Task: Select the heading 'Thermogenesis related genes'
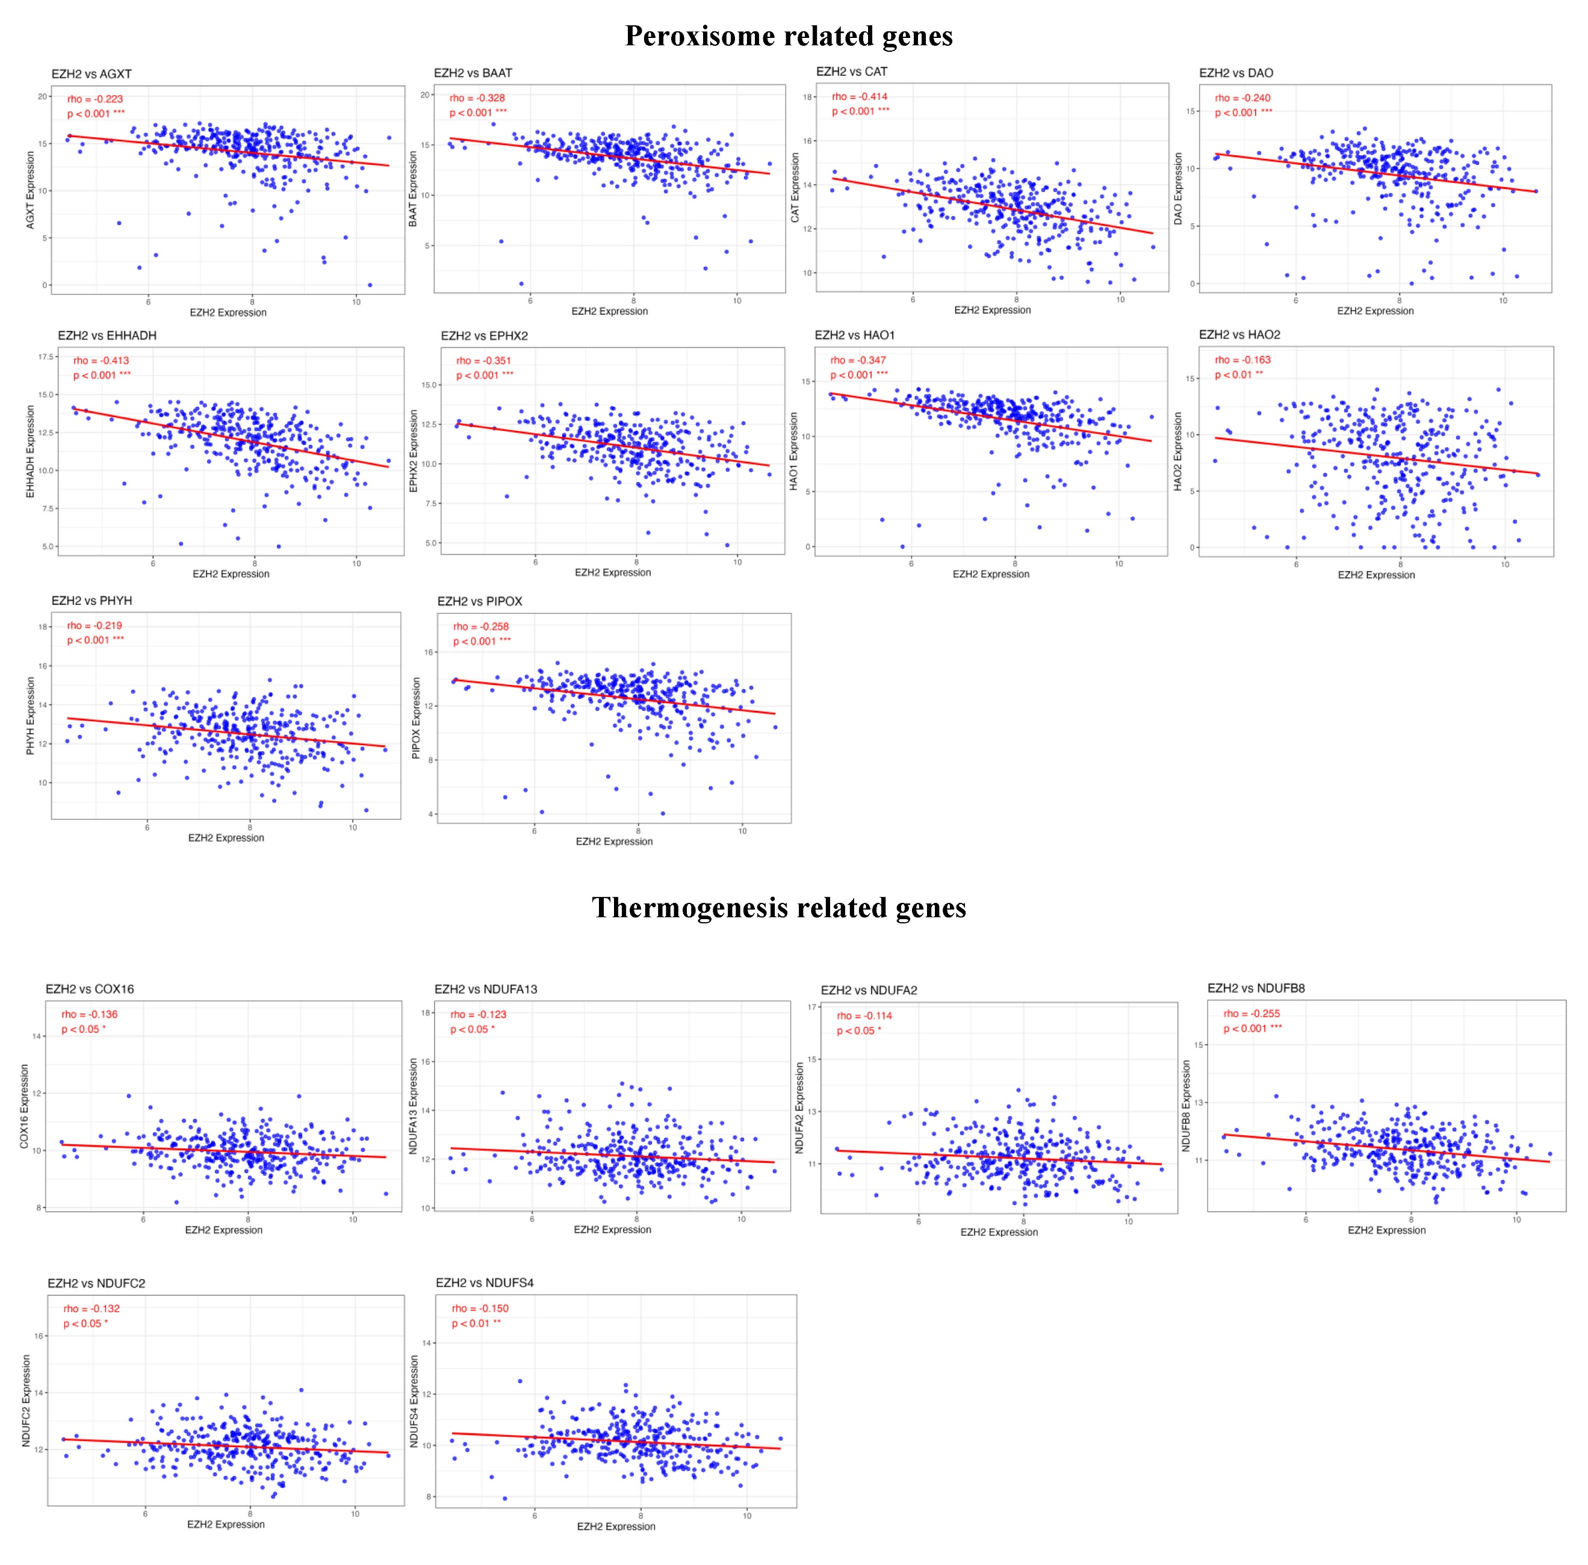tap(778, 908)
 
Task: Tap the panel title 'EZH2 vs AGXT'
tap(91, 74)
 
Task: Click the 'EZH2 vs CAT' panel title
tap(852, 72)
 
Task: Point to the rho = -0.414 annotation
tap(859, 96)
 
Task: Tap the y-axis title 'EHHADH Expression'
tap(31, 451)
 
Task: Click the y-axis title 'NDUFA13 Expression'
tap(414, 1106)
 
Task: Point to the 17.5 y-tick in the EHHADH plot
tap(46, 357)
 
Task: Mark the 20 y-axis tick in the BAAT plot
tap(425, 95)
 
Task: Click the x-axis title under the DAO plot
tap(1375, 311)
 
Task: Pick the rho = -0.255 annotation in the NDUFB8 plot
tap(1251, 1014)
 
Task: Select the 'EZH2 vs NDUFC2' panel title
tap(96, 1283)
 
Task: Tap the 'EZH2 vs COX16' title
tap(90, 989)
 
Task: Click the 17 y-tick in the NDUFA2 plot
tap(812, 1007)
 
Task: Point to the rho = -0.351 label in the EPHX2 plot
tap(483, 360)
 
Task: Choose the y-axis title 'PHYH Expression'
tap(31, 715)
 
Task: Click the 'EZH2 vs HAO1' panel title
tap(854, 335)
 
